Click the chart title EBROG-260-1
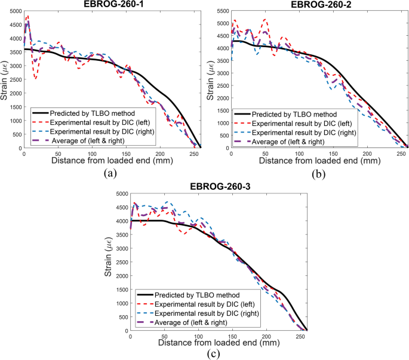pos(112,4)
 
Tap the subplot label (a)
pos(112,174)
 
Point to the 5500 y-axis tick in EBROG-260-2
pos(222,11)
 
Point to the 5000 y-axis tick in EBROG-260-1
pos(14,11)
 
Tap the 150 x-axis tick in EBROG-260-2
pos(337,153)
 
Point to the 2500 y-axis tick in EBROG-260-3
pos(121,263)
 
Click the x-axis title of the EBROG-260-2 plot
pos(319,161)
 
